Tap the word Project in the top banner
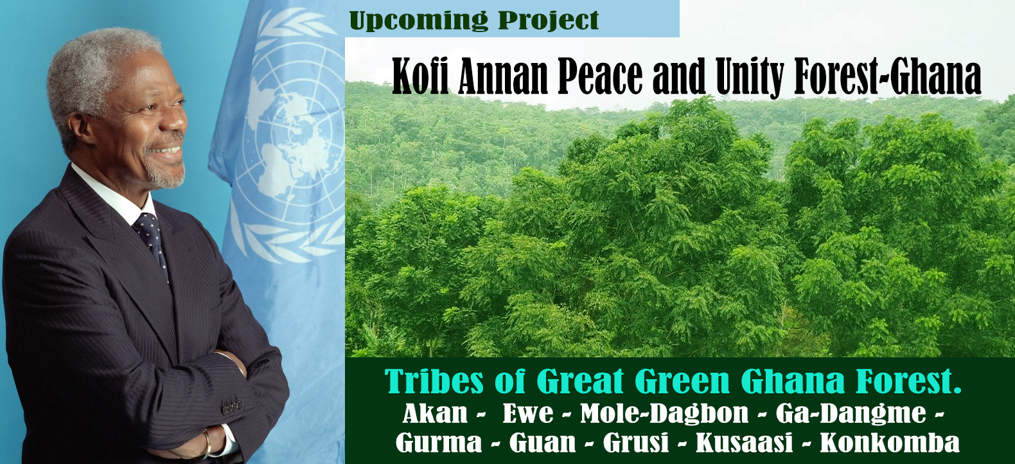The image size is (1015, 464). pyautogui.click(x=548, y=20)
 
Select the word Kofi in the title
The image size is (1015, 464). pyautogui.click(x=420, y=76)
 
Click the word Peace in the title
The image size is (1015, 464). pyautogui.click(x=600, y=76)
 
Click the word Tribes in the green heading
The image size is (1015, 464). pyautogui.click(x=434, y=381)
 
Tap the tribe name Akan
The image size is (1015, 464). pyautogui.click(x=435, y=413)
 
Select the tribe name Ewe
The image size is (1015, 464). pyautogui.click(x=528, y=413)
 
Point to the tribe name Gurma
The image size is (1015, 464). pyautogui.click(x=439, y=442)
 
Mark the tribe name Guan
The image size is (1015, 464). pyautogui.click(x=542, y=442)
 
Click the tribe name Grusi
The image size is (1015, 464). pyautogui.click(x=636, y=442)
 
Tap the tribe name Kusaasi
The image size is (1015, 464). pyautogui.click(x=744, y=442)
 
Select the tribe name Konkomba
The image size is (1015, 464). pyautogui.click(x=890, y=442)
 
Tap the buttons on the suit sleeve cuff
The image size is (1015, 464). pyautogui.click(x=232, y=406)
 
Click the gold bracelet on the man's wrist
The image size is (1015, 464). pyautogui.click(x=207, y=443)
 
